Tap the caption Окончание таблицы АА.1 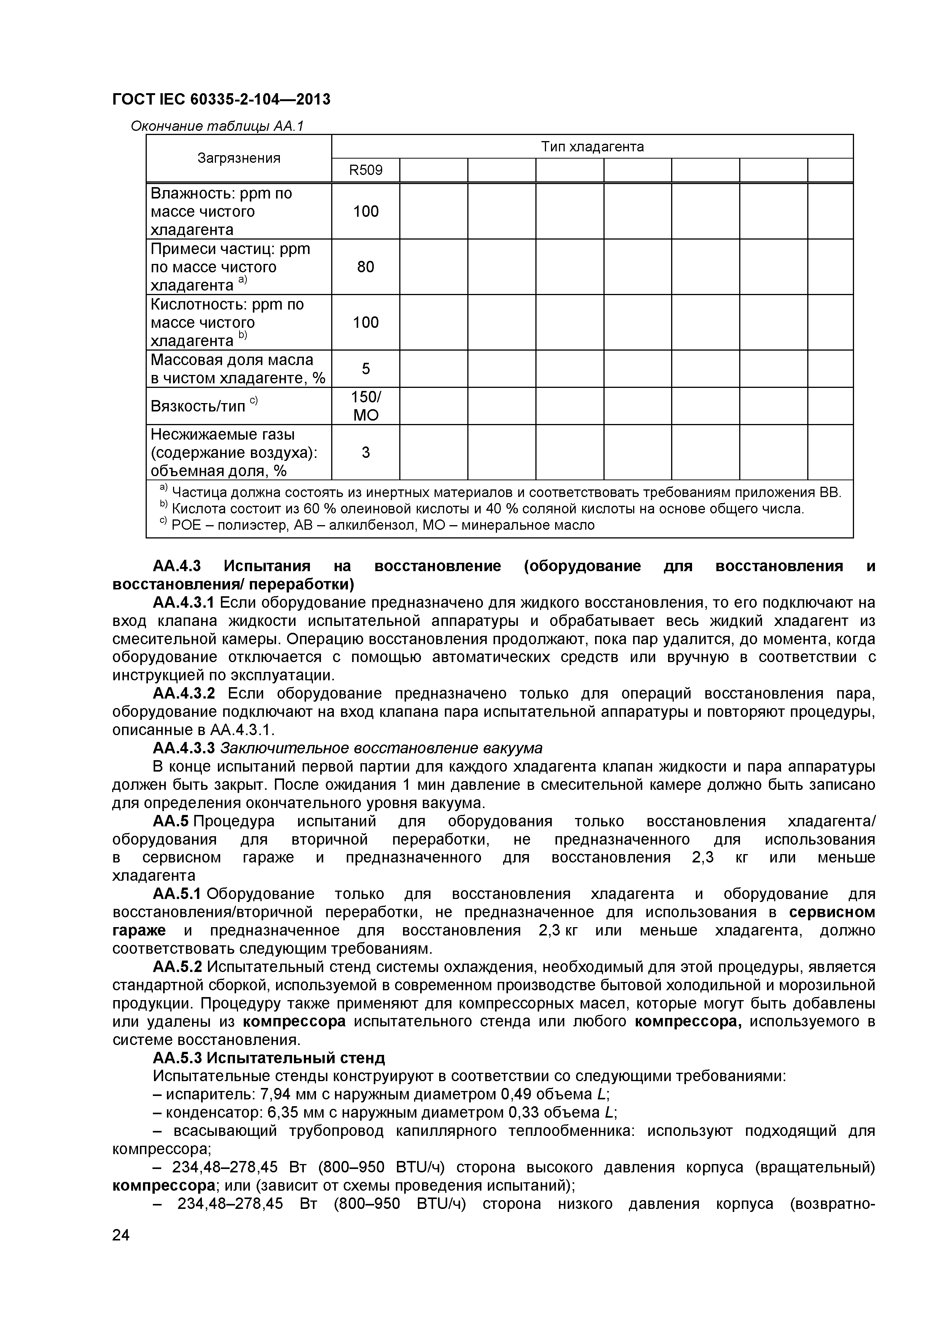[x=217, y=126]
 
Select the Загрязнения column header [x=239, y=158]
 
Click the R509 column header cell [x=365, y=170]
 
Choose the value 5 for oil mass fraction [x=365, y=368]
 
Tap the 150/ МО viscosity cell [x=365, y=405]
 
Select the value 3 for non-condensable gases [x=365, y=452]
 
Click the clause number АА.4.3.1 [x=184, y=602]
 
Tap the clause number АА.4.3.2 [x=184, y=694]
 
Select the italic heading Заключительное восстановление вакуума [x=381, y=748]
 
